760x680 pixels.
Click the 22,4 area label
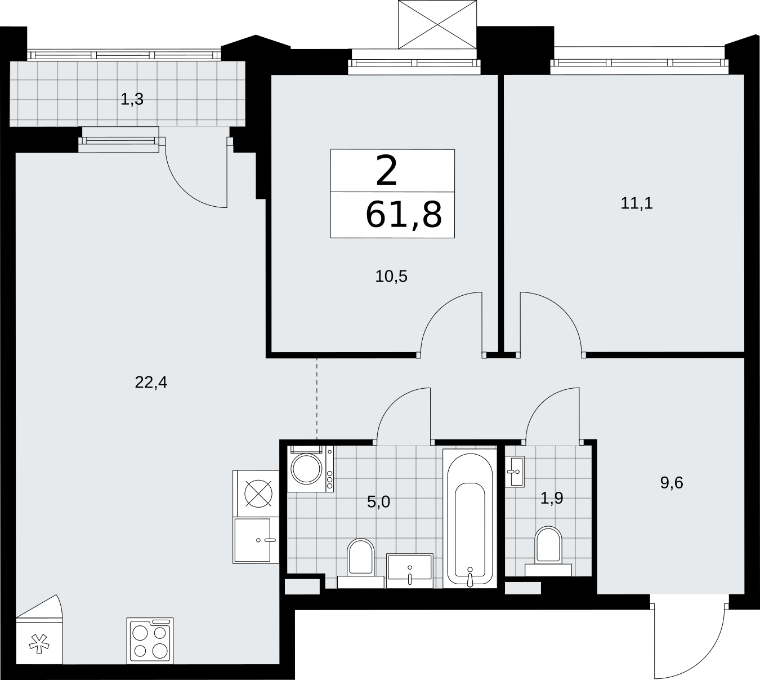151,383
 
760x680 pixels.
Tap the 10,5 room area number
391,277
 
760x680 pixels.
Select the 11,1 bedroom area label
637,203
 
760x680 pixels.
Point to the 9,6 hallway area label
672,483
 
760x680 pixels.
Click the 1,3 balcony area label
132,100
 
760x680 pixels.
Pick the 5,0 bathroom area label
378,501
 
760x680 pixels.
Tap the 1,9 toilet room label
552,498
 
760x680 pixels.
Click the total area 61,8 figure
404,215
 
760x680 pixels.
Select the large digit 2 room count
386,171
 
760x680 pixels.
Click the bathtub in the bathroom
470,518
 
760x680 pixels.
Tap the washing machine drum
307,469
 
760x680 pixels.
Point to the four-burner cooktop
150,640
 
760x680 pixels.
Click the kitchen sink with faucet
256,540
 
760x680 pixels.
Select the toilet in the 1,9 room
548,552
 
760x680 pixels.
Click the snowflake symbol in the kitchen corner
39,643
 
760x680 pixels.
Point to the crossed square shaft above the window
437,25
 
